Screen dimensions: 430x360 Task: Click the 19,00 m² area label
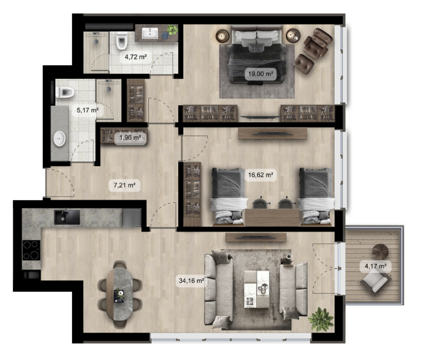[x=261, y=74]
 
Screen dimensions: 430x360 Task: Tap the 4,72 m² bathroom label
[x=136, y=57]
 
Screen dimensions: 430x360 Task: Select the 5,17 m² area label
[x=88, y=110]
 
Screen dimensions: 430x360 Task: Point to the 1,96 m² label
[x=130, y=137]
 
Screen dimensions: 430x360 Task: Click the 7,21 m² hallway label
[x=125, y=185]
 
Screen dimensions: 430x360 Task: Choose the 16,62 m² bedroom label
[x=261, y=175]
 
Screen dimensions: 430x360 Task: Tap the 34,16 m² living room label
[x=191, y=280]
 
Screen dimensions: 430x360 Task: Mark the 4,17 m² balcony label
[x=375, y=266]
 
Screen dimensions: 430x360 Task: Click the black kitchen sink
[x=67, y=217]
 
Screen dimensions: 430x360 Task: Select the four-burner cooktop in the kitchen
[x=31, y=250]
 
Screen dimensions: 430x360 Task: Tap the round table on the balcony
[x=380, y=252]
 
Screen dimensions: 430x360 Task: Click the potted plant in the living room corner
[x=321, y=320]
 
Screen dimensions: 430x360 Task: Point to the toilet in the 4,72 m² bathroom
[x=122, y=40]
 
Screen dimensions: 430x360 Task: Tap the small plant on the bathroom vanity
[x=172, y=30]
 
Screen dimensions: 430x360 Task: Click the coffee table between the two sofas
[x=257, y=289]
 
